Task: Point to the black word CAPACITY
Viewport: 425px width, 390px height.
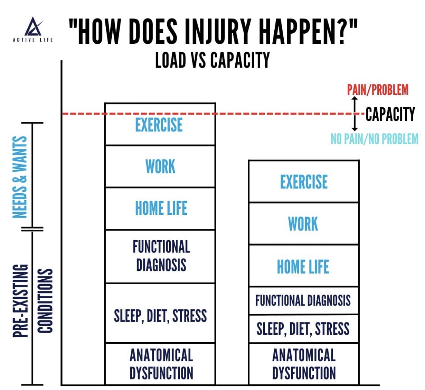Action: tap(390, 113)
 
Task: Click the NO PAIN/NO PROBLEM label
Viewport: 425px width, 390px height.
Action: tap(374, 139)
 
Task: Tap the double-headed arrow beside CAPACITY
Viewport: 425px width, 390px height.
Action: tap(354, 113)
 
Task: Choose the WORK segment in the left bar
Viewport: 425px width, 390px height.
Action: tap(160, 166)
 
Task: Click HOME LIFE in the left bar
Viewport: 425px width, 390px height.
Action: tap(161, 208)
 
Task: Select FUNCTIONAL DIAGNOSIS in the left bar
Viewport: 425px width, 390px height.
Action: tap(161, 256)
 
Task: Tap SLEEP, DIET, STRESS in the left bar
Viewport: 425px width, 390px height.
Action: tap(160, 316)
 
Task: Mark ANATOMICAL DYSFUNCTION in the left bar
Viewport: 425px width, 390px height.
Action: tap(161, 364)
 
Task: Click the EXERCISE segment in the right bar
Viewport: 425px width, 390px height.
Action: tap(304, 182)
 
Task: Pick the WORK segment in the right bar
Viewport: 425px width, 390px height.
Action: tap(303, 224)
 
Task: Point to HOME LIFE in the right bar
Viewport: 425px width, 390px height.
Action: tap(303, 267)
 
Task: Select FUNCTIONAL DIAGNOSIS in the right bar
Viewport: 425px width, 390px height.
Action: tap(303, 301)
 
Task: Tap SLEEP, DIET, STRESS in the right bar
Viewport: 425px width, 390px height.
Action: tap(303, 329)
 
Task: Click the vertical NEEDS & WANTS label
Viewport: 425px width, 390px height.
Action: tap(20, 177)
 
